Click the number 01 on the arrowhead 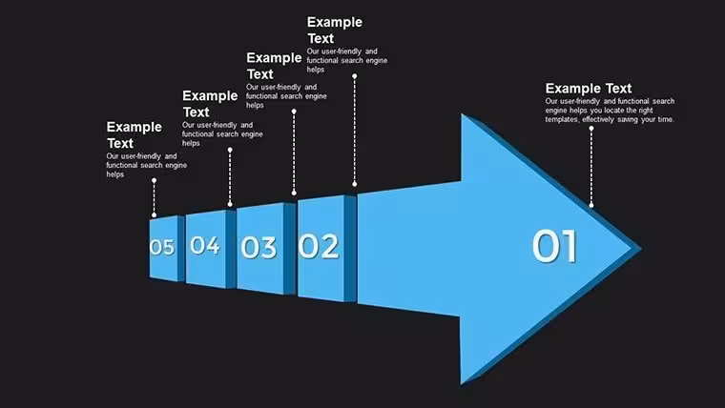pyautogui.click(x=554, y=246)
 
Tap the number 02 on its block pyautogui.click(x=319, y=246)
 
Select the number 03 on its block pyautogui.click(x=259, y=247)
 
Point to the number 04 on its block pyautogui.click(x=205, y=245)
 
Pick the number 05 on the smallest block pyautogui.click(x=162, y=247)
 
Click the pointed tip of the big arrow pyautogui.click(x=641, y=248)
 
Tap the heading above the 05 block pyautogui.click(x=135, y=135)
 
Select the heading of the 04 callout pyautogui.click(x=210, y=104)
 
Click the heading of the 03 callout pyautogui.click(x=274, y=66)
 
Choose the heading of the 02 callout pyautogui.click(x=335, y=31)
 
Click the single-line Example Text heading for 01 pyautogui.click(x=589, y=89)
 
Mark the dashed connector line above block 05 pyautogui.click(x=154, y=197)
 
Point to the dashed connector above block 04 pyautogui.click(x=230, y=177)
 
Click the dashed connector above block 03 pyautogui.click(x=294, y=152)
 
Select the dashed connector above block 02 pyautogui.click(x=355, y=130)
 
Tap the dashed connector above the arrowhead pyautogui.click(x=590, y=167)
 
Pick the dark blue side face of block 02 pyautogui.click(x=350, y=249)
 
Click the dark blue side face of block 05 pyautogui.click(x=181, y=248)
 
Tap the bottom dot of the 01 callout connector pyautogui.click(x=590, y=205)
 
